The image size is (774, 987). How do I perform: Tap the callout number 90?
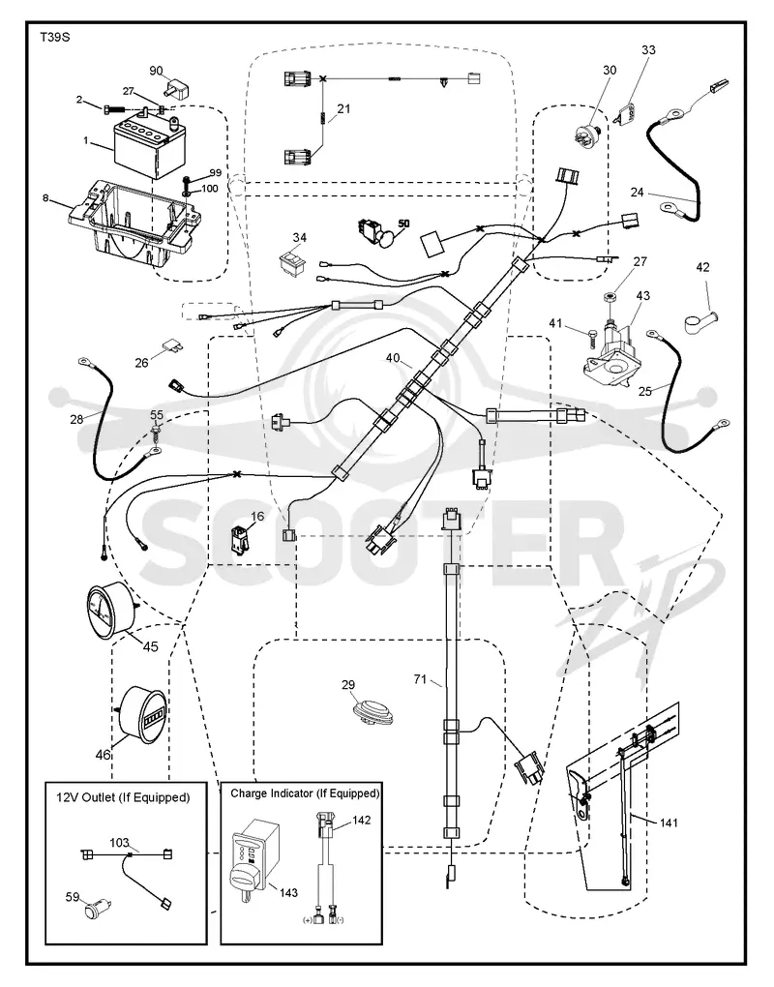point(156,71)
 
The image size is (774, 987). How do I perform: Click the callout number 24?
point(637,192)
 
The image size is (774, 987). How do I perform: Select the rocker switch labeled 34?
point(293,262)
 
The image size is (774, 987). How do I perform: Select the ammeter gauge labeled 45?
point(109,610)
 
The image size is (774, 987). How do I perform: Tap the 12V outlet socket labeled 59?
point(98,909)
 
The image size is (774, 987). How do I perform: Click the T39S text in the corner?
point(55,37)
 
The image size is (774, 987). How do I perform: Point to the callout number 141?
point(669,822)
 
